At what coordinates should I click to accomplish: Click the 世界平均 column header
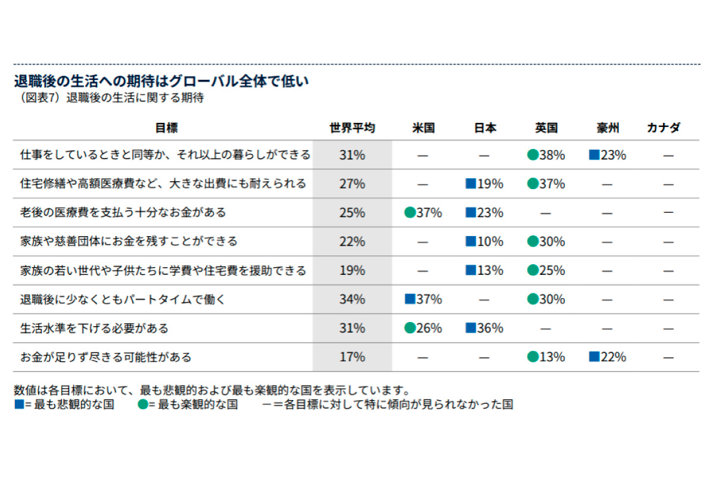point(352,128)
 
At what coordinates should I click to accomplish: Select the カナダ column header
point(664,128)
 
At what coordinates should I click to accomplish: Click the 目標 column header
point(166,128)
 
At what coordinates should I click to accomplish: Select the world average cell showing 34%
point(352,299)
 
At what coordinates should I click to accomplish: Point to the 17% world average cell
point(352,357)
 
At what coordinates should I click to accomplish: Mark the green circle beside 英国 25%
point(533,270)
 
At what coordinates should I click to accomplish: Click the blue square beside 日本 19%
point(471,184)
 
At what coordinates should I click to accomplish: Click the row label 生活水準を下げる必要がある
point(94,328)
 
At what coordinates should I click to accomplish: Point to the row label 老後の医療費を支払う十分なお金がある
point(123,212)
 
